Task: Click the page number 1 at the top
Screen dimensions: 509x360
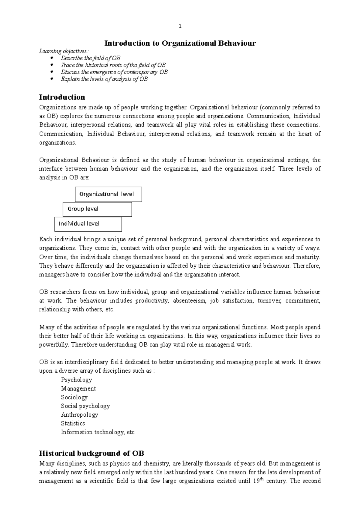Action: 180,26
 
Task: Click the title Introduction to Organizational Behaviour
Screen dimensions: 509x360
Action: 180,43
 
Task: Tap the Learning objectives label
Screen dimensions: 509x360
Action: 64,51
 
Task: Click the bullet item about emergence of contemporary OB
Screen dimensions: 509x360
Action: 114,72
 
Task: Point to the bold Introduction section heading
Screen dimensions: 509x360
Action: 62,97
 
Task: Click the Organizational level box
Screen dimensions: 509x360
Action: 108,194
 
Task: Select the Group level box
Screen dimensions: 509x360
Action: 97,209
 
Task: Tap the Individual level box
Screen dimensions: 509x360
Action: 88,224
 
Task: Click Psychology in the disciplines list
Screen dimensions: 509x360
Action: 76,380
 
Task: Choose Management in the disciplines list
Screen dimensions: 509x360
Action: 78,388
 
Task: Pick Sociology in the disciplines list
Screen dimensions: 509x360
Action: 74,397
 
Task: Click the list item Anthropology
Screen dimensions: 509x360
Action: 79,415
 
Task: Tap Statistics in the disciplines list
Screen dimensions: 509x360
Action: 73,423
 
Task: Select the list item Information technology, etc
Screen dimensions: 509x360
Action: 97,432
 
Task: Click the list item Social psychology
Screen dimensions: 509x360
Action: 85,406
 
